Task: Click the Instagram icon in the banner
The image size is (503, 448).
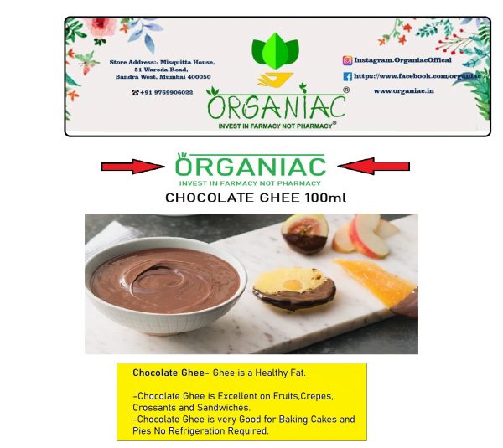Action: [x=347, y=60]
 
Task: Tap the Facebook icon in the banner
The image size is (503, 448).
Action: [x=347, y=76]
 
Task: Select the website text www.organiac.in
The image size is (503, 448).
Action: [x=403, y=91]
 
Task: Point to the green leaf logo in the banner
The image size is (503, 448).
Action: [x=275, y=51]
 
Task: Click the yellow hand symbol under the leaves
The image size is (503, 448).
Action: [x=275, y=80]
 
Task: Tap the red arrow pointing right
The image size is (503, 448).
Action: [x=132, y=167]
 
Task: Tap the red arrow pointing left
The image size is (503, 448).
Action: [x=374, y=166]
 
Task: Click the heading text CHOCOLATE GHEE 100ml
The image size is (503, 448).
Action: [x=256, y=198]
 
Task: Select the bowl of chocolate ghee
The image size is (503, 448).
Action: [x=165, y=286]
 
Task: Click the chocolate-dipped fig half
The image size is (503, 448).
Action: [x=305, y=234]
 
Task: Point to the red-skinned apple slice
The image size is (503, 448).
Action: [x=369, y=235]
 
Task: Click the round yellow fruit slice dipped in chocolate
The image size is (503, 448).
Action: [x=294, y=288]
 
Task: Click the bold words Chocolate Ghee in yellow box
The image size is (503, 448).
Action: [x=169, y=373]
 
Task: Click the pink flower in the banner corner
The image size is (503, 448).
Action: [x=100, y=27]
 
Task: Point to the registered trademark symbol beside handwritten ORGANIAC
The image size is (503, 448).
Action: [x=346, y=90]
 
